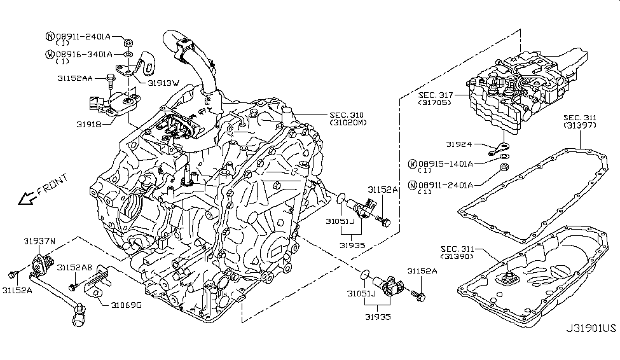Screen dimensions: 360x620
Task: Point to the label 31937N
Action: pyautogui.click(x=41, y=241)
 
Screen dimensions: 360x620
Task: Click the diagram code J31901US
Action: pyautogui.click(x=591, y=347)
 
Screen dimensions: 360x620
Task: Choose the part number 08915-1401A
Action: pyautogui.click(x=448, y=164)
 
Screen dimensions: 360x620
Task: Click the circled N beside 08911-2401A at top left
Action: pyautogui.click(x=50, y=37)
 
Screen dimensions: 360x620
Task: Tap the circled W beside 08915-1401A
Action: pyautogui.click(x=413, y=164)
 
